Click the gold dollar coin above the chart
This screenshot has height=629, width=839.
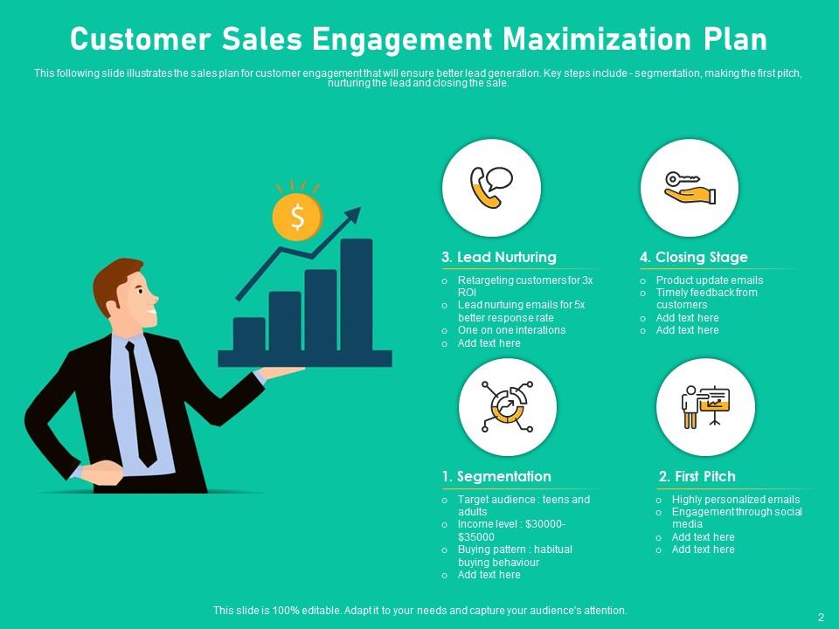[x=297, y=218]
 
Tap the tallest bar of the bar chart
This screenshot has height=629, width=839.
[x=357, y=294]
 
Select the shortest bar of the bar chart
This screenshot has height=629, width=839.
[x=249, y=335]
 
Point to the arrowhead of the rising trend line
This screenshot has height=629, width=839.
[x=353, y=215]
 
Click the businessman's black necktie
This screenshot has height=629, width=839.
[x=140, y=404]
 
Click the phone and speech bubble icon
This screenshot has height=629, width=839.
[x=491, y=187]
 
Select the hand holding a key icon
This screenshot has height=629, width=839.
[x=690, y=188]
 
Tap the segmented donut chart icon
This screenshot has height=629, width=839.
[x=507, y=406]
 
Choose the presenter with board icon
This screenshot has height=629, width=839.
[x=705, y=406]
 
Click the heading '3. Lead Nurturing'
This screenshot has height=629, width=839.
[x=499, y=257]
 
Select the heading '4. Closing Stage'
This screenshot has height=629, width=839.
[x=693, y=257]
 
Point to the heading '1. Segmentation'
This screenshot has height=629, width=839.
[x=496, y=477]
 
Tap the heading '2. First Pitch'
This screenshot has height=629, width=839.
[x=697, y=477]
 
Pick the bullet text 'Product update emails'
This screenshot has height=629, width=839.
[x=710, y=280]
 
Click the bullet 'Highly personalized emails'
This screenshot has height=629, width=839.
[x=736, y=500]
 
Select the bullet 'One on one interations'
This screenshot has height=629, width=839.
[x=511, y=330]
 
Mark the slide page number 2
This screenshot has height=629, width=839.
[x=822, y=617]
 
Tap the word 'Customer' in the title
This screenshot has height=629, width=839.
[x=140, y=39]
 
